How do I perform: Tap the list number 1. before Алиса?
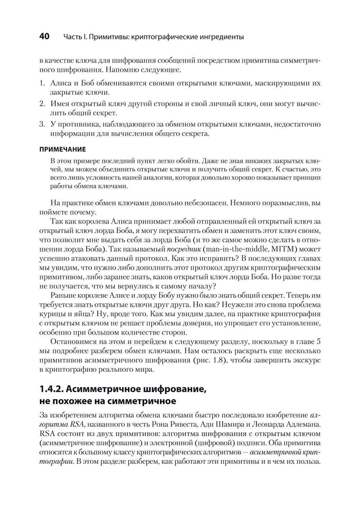coord(42,83)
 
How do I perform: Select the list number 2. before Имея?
coord(42,104)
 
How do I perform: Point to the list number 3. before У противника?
coord(42,124)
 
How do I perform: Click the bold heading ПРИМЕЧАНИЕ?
coord(62,149)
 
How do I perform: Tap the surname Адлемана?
coord(300,424)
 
